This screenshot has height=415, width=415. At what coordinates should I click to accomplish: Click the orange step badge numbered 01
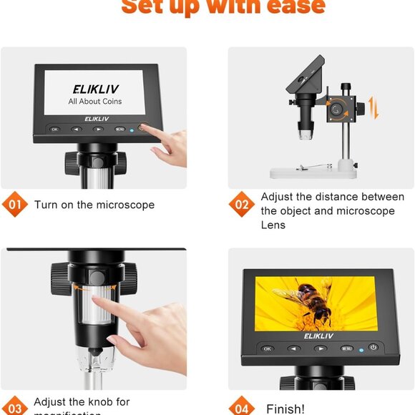click(14, 205)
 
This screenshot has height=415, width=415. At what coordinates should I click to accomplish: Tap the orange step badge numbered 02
click(242, 205)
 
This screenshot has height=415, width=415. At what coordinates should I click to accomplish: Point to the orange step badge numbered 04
click(242, 409)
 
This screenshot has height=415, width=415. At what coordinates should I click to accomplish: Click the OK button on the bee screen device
click(268, 348)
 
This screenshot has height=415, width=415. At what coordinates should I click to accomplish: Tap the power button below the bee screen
click(373, 347)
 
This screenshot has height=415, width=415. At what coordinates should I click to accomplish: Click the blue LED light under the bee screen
click(361, 348)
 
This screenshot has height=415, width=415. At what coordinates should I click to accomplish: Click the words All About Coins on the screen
click(94, 102)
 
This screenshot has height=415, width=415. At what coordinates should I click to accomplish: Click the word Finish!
click(285, 409)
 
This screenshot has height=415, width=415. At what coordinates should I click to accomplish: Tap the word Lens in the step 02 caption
click(273, 225)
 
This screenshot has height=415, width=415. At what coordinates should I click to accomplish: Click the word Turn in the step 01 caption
click(45, 205)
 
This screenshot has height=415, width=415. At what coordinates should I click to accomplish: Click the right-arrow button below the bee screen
click(321, 348)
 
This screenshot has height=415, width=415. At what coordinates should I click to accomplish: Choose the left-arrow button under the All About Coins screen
click(76, 130)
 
